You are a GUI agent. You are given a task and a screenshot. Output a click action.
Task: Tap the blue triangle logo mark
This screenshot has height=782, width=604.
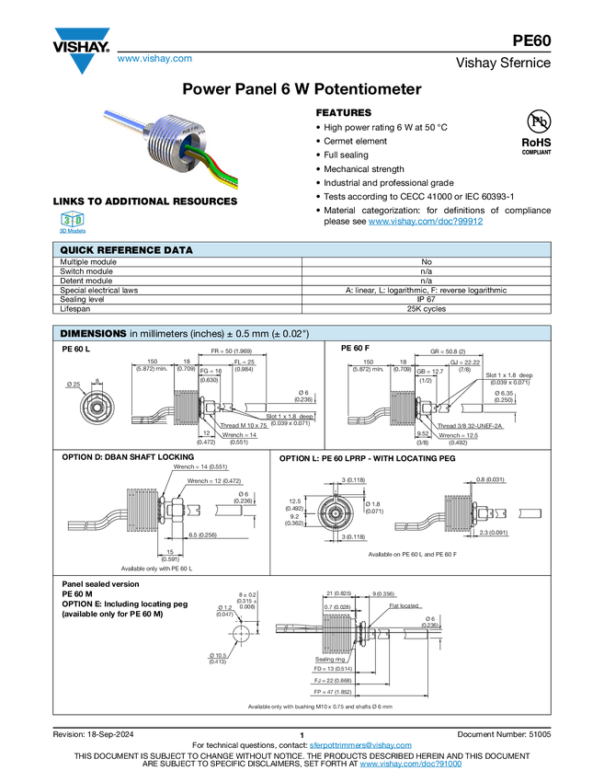coord(82,64)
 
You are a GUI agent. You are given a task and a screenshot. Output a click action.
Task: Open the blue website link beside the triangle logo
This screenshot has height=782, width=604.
coord(154,60)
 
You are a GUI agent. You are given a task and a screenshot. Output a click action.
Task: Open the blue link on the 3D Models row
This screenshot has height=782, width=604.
coord(426,221)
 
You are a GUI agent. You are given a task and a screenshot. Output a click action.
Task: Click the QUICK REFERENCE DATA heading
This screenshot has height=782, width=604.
coord(126,250)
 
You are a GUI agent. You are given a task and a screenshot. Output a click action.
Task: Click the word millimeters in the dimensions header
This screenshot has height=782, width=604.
coord(163,333)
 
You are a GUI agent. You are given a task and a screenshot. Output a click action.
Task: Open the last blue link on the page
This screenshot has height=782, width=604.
coord(410,765)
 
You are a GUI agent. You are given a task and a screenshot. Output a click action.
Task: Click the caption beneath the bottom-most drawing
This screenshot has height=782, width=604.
coord(319,707)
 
